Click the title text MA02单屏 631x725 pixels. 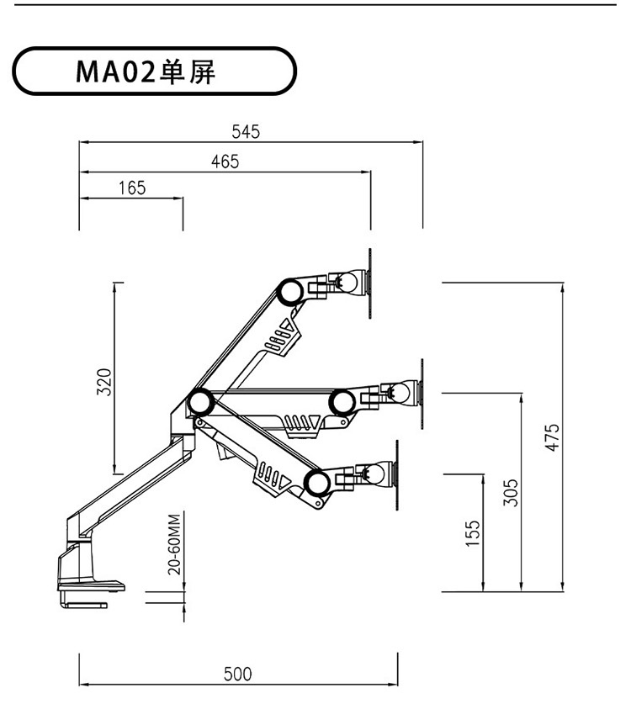[x=146, y=72]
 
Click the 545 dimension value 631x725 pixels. [x=246, y=131]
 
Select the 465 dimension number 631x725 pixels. [x=225, y=161]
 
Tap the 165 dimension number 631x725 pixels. [x=132, y=188]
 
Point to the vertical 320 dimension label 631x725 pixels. [x=104, y=382]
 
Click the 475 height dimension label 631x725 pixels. [x=553, y=437]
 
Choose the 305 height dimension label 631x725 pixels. [x=511, y=492]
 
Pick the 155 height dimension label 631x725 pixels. [x=472, y=534]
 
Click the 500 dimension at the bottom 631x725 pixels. [x=238, y=674]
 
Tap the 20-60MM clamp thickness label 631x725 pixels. [x=174, y=544]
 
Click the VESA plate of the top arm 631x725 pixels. [x=370, y=283]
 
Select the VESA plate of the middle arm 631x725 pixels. [x=422, y=394]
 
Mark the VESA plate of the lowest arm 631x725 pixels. [x=397, y=475]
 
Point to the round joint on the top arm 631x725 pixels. [x=290, y=291]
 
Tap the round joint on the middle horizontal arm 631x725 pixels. [x=342, y=402]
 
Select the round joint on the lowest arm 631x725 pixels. [x=317, y=483]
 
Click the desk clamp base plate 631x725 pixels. [x=91, y=586]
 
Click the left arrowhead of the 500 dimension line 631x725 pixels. [x=84, y=685]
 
